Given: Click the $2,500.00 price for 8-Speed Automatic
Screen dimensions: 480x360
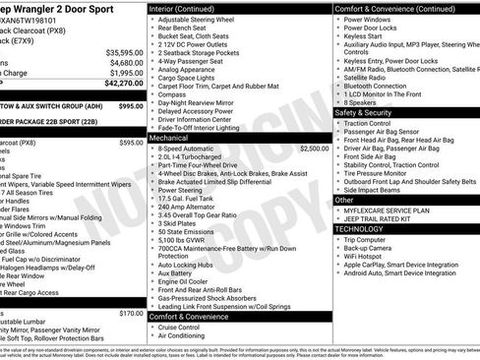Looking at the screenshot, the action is (314, 149).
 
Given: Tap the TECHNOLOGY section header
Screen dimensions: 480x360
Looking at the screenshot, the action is (359, 228).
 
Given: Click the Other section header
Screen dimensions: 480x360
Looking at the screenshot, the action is (344, 199).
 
